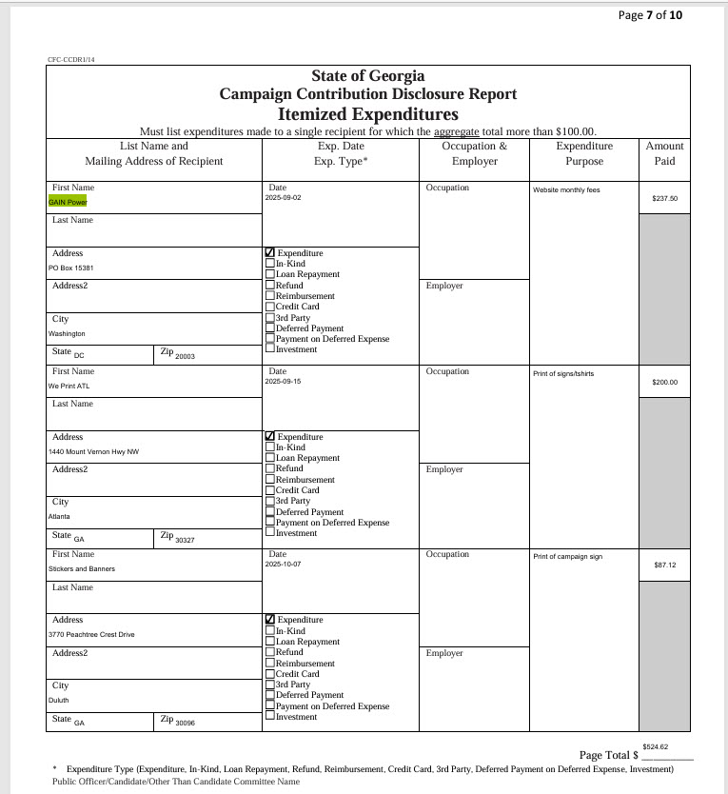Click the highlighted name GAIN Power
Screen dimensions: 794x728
[68, 202]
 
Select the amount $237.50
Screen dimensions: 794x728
[664, 199]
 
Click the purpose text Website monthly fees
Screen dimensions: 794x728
[565, 190]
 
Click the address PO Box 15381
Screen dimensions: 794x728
[70, 268]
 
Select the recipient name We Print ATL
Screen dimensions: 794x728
[69, 387]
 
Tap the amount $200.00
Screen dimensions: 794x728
[664, 383]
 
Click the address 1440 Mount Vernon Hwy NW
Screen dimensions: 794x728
[93, 451]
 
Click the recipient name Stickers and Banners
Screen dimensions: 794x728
[81, 569]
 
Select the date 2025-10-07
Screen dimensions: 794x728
[285, 565]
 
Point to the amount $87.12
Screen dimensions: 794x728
[664, 566]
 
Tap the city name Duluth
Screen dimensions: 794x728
[60, 700]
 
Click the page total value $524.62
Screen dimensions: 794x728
[655, 747]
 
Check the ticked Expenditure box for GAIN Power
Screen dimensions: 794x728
[270, 253]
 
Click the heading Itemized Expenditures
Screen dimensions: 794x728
[367, 114]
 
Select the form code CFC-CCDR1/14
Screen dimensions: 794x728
[71, 59]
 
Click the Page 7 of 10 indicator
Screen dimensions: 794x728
[650, 14]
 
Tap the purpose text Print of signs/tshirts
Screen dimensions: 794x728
[563, 374]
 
